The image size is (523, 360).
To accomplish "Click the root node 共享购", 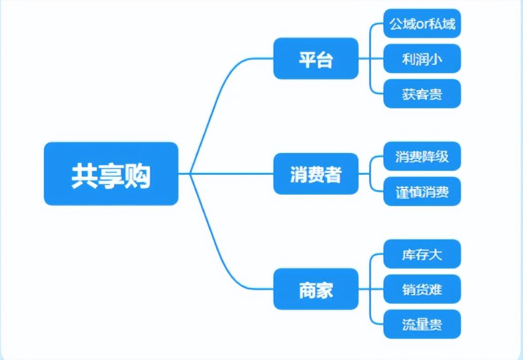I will click(111, 174).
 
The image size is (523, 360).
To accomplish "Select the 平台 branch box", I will click(316, 59).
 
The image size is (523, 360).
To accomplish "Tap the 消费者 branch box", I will click(316, 174).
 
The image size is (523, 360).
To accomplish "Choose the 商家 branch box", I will click(316, 289).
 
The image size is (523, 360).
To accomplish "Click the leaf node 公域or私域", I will click(422, 23).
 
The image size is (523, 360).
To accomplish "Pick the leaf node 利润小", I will click(422, 59).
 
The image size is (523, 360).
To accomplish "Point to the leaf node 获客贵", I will click(422, 94).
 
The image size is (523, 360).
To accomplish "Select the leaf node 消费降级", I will click(422, 156).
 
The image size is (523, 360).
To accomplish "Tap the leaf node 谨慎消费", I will click(422, 192).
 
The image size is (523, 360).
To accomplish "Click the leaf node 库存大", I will click(422, 254).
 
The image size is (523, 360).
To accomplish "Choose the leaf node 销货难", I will click(422, 289).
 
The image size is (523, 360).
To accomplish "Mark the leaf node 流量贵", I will click(422, 324).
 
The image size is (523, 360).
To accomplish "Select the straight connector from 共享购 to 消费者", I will click(230, 174).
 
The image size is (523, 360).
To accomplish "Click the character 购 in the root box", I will click(137, 176).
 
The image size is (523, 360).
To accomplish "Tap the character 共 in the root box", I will click(84, 176).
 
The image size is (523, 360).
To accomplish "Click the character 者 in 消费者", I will click(333, 175).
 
